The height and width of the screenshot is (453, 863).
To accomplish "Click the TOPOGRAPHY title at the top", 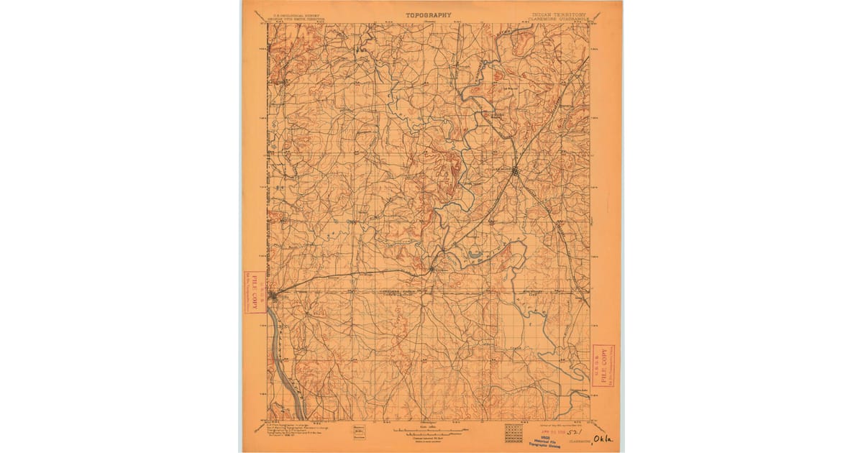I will point(429,14).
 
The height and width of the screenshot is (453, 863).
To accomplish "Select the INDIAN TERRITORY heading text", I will point(559,14).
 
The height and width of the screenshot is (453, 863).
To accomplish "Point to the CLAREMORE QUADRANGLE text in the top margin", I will point(560,19).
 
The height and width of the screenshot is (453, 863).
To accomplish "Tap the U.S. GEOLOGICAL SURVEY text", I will point(283,14).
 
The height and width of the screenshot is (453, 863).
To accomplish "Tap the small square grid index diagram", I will point(513,432).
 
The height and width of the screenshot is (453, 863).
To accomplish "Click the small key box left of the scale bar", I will point(359,432).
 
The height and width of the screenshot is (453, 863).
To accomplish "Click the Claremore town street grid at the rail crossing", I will point(516,171).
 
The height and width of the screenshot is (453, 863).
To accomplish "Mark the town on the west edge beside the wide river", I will point(274,295).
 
